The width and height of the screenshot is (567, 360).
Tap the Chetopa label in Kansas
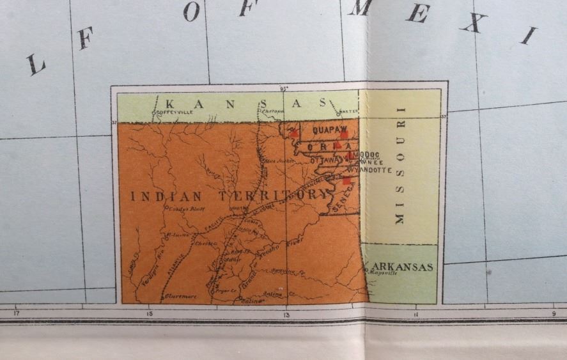coord(270,111)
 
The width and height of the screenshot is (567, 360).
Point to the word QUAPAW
coord(319,129)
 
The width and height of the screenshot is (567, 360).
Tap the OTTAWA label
coord(325,161)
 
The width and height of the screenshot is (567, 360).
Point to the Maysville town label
coord(384,273)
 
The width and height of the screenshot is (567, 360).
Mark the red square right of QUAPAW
coord(344,134)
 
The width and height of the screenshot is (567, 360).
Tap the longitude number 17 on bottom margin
coord(17,313)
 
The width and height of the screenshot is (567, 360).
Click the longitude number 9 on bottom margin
coord(554,313)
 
